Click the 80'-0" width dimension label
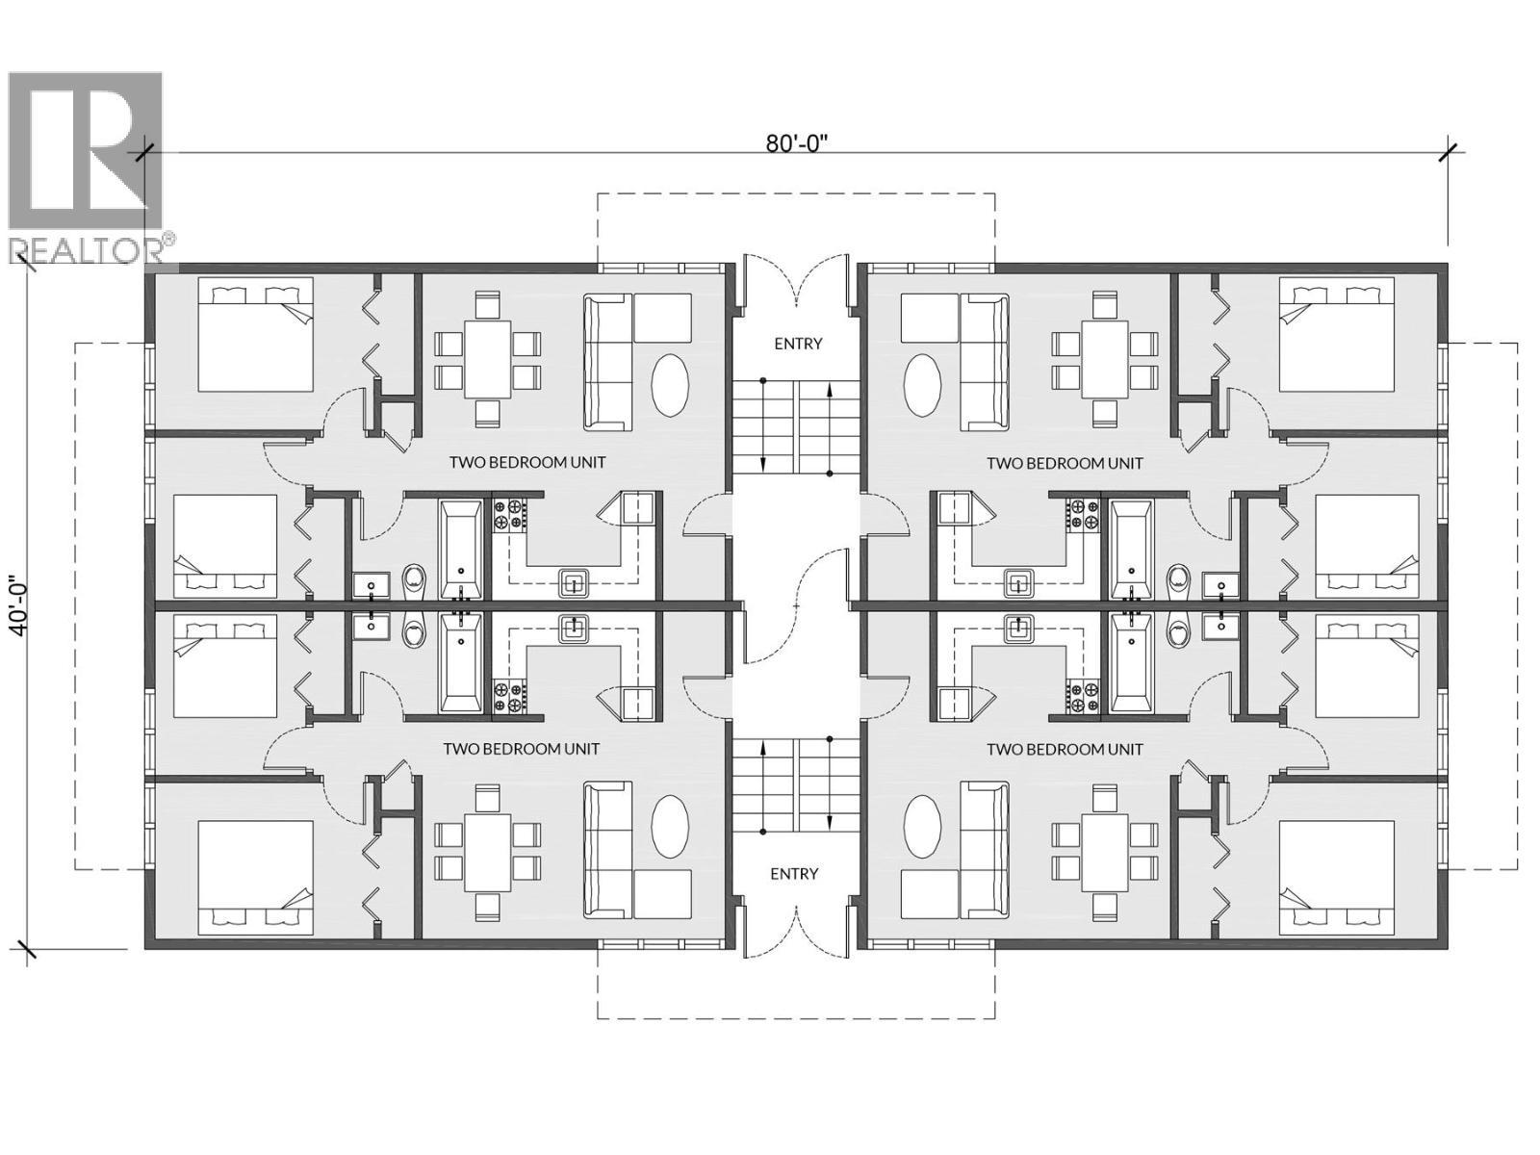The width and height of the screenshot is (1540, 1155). pyautogui.click(x=797, y=143)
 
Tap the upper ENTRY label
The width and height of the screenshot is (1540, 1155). pyautogui.click(x=798, y=344)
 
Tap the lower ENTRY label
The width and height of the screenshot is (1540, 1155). pyautogui.click(x=794, y=873)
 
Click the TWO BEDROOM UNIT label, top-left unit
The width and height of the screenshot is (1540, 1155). pyautogui.click(x=527, y=462)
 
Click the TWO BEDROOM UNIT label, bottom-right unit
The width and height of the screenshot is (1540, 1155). pyautogui.click(x=1065, y=749)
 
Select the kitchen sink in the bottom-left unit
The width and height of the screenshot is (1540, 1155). pyautogui.click(x=575, y=629)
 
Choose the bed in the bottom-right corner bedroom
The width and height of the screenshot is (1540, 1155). pyautogui.click(x=1336, y=877)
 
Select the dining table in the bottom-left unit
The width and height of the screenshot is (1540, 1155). pyautogui.click(x=487, y=852)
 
